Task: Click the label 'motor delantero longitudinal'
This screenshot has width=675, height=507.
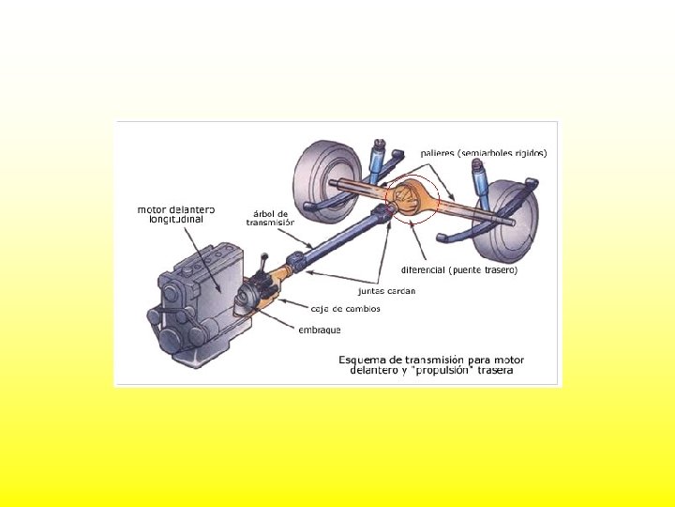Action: [176, 215]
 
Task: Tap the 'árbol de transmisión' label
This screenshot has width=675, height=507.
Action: [270, 218]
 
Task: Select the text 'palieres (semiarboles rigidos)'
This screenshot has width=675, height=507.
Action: [483, 152]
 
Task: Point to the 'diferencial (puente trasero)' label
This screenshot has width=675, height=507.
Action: [459, 269]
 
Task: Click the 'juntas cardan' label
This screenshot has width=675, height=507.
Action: [386, 291]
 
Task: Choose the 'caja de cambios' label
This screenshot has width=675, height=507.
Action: [346, 310]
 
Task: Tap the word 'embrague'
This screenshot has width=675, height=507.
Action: [320, 330]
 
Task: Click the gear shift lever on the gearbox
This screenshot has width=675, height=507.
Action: [265, 261]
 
